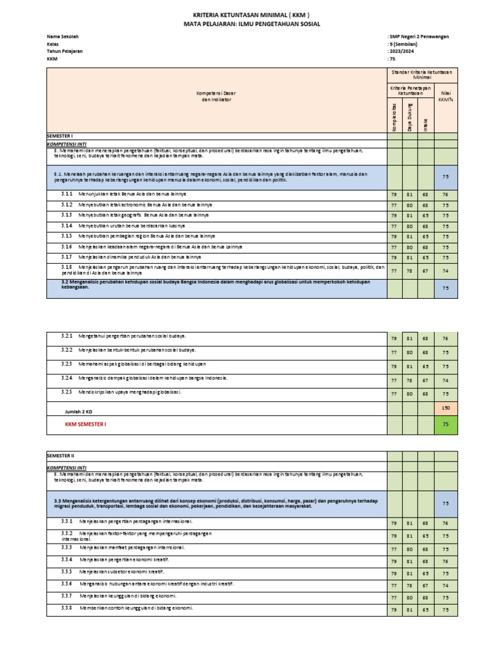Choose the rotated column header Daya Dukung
[x=410, y=116]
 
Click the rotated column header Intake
[x=426, y=123]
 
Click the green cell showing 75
[x=445, y=423]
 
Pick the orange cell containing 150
[x=445, y=407]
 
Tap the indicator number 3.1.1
[x=67, y=195]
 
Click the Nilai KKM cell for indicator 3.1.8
[x=445, y=270]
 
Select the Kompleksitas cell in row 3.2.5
[x=395, y=394]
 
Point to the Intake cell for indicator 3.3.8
[x=426, y=610]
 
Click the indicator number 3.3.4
[x=67, y=561]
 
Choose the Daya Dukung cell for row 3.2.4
[x=410, y=380]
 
